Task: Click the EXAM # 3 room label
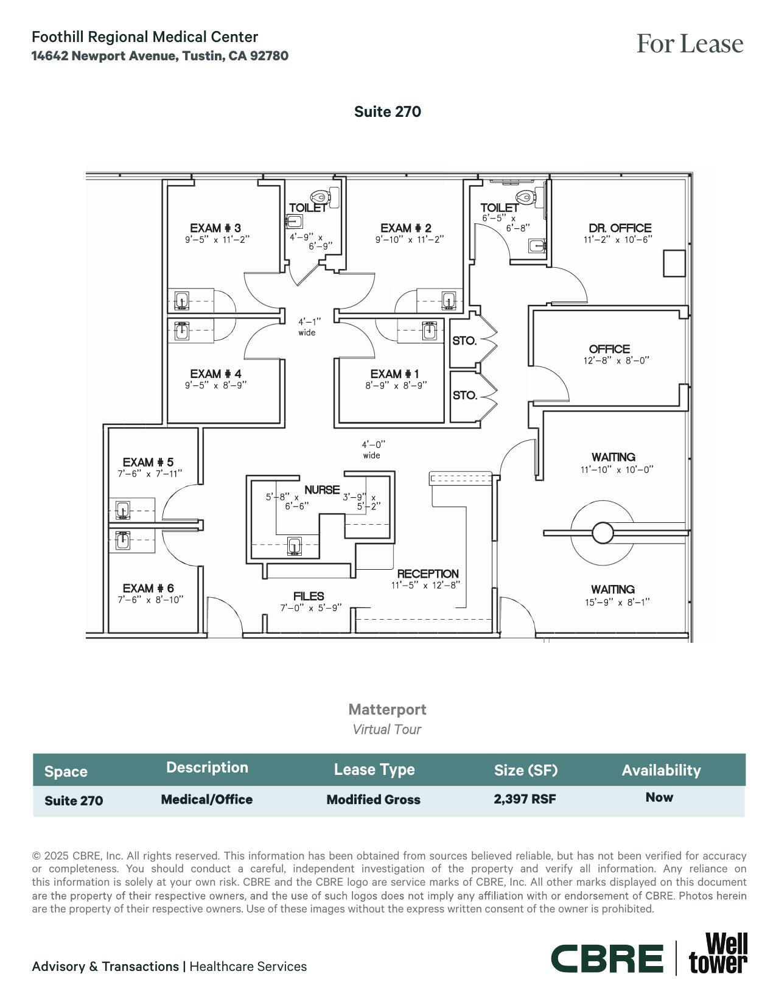[215, 228]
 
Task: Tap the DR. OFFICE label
[620, 228]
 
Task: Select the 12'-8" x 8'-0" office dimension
[616, 360]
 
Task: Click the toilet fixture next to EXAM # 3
[320, 197]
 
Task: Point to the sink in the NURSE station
[295, 546]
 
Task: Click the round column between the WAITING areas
[602, 533]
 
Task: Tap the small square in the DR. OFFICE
[674, 263]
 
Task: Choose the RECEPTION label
[428, 573]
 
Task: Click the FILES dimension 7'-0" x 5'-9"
[310, 608]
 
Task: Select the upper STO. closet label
[464, 341]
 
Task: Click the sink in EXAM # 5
[123, 510]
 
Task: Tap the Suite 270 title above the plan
[388, 111]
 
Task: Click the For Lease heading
[690, 44]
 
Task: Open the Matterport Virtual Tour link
[387, 719]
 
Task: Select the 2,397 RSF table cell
[525, 799]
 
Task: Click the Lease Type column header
[374, 769]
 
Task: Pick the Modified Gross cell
[373, 800]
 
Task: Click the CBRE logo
[607, 959]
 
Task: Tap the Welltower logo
[718, 954]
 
